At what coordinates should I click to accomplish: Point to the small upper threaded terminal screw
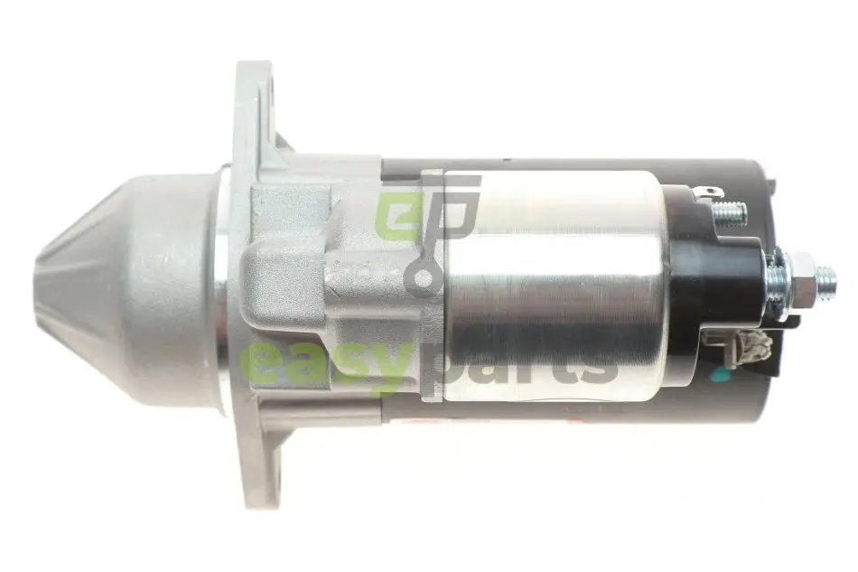pos(732,211)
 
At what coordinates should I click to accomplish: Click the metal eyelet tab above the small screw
pos(709,192)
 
